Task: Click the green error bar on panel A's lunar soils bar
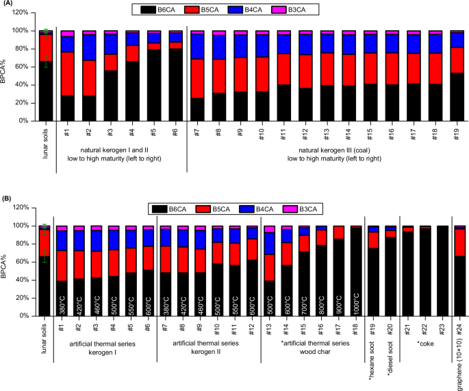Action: click(46, 48)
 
